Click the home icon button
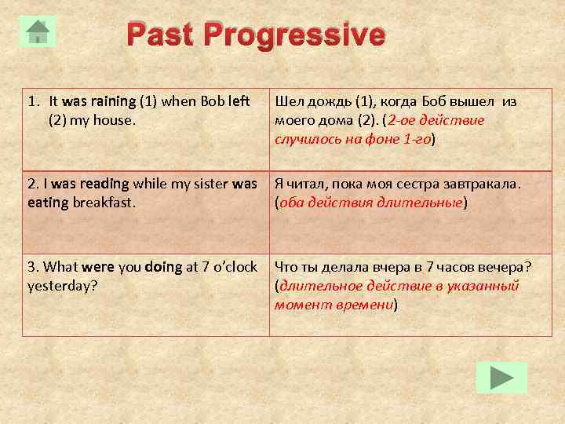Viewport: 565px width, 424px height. [38, 31]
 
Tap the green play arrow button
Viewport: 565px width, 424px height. [501, 378]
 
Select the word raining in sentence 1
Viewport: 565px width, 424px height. [113, 101]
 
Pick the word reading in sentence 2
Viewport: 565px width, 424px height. [101, 184]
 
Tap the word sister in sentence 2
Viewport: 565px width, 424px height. [207, 184]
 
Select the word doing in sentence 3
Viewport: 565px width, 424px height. [163, 266]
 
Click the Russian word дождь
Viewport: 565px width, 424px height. [327, 101]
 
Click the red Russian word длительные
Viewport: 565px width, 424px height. [424, 203]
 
